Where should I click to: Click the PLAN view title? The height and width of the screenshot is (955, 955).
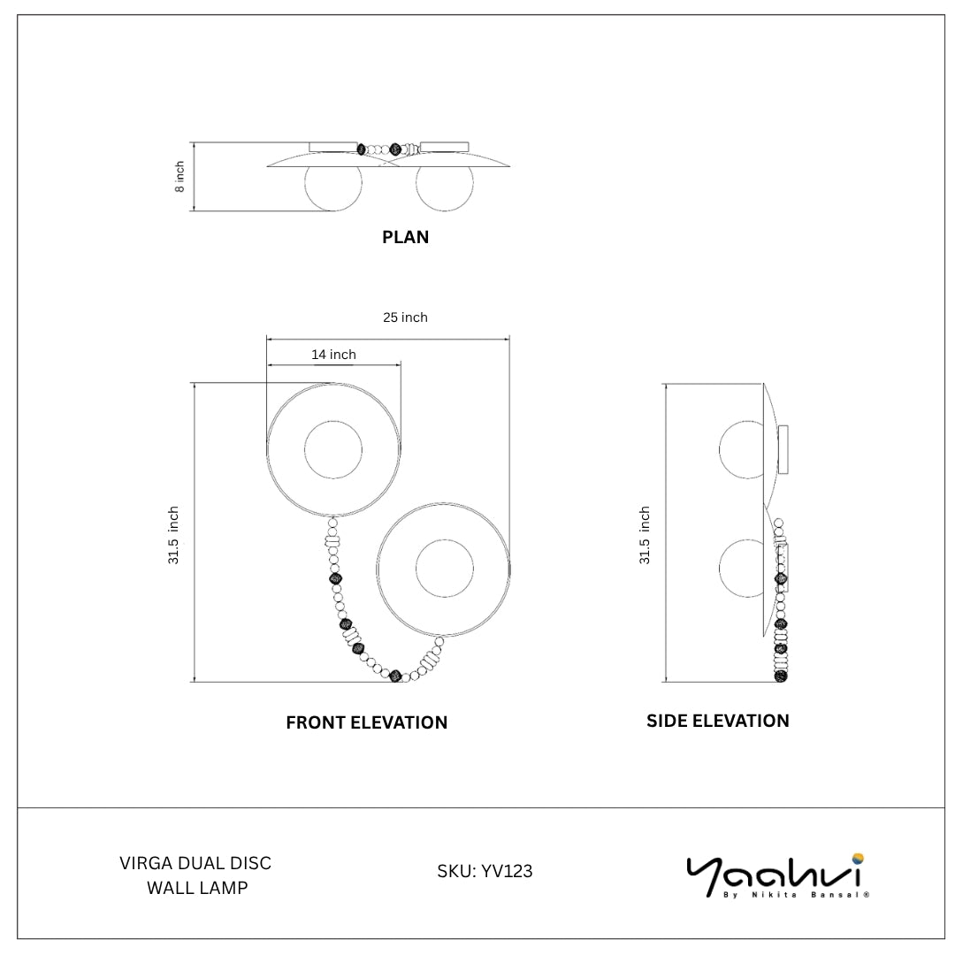tap(405, 237)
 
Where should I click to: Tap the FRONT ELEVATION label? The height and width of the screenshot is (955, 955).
tap(367, 722)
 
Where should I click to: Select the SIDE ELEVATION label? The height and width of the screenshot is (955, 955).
tap(717, 721)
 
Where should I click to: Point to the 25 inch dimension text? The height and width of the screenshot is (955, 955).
tap(405, 317)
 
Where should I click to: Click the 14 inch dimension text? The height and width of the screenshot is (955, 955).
tap(333, 355)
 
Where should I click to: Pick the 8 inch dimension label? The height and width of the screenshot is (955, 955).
tap(180, 177)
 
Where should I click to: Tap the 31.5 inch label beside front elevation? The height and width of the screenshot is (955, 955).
tap(173, 535)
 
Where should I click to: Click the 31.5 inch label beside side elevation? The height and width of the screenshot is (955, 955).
tap(645, 535)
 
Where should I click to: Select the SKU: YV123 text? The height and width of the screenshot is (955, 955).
tap(485, 872)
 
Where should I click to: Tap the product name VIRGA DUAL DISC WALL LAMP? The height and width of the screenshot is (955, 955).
tap(195, 875)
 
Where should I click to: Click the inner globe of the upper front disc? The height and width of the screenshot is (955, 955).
tap(333, 450)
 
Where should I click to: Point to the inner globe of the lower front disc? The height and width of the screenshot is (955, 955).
tap(444, 569)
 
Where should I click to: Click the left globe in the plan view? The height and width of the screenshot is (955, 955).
tap(333, 183)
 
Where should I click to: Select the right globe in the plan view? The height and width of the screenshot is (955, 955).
tap(444, 183)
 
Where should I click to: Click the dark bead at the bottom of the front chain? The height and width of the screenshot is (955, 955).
tap(395, 676)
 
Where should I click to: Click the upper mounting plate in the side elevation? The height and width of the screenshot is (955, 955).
tap(783, 450)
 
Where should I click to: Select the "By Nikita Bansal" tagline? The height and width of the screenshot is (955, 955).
tap(796, 895)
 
